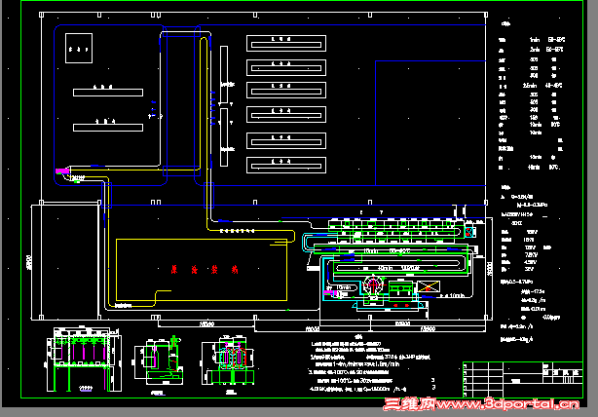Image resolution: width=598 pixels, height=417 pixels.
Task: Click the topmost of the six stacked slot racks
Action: [x=282, y=42]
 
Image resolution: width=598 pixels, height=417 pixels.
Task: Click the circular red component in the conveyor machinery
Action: [x=373, y=284]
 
